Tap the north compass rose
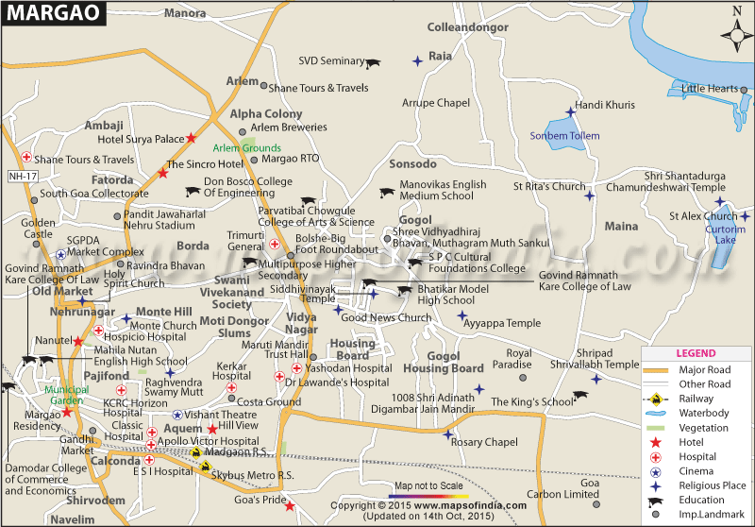click(736, 35)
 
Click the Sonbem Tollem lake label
click(564, 136)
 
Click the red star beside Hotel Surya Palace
click(192, 139)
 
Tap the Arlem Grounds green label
click(246, 148)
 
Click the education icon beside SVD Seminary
click(374, 62)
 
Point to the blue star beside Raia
click(417, 61)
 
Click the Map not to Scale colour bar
click(428, 495)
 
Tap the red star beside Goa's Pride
click(290, 506)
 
